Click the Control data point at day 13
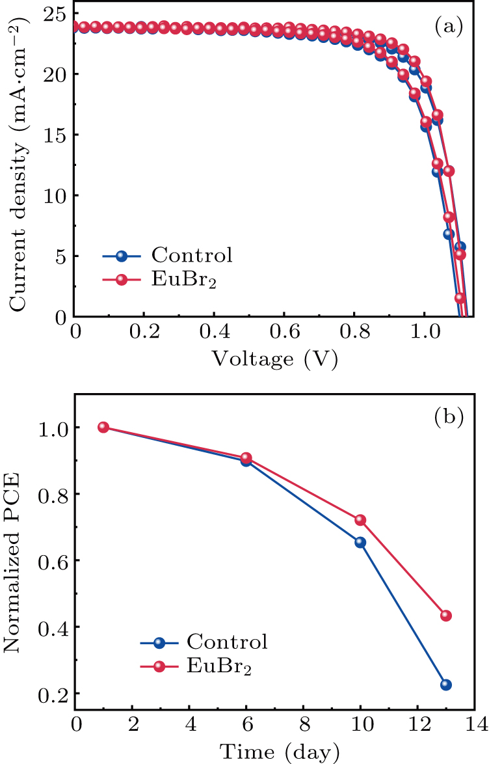click(x=445, y=685)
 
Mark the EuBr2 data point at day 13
click(x=445, y=616)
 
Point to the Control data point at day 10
click(x=360, y=542)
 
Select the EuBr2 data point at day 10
click(x=360, y=520)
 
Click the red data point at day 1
click(x=103, y=427)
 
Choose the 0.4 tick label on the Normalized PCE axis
click(x=51, y=627)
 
